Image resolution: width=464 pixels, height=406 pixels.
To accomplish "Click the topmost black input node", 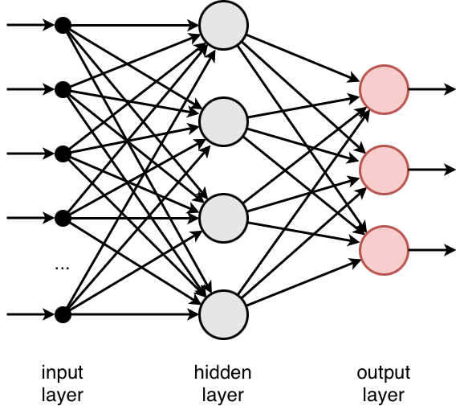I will pyautogui.click(x=62, y=25).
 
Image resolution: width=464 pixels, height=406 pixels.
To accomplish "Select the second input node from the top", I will pyautogui.click(x=62, y=88).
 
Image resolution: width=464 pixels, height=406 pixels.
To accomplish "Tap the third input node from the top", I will pyautogui.click(x=62, y=153).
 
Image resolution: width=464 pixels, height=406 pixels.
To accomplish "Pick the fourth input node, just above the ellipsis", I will pyautogui.click(x=62, y=217).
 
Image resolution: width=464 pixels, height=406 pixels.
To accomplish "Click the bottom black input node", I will pyautogui.click(x=62, y=314).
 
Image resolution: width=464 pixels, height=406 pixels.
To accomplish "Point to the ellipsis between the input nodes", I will pyautogui.click(x=62, y=268).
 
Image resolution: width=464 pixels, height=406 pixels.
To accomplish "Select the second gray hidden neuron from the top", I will pyautogui.click(x=222, y=121).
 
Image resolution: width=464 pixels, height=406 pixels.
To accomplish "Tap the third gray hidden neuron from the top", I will pyautogui.click(x=222, y=217).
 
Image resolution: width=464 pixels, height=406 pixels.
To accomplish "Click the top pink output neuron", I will pyautogui.click(x=384, y=88).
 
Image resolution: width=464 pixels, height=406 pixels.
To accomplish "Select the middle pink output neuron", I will pyautogui.click(x=384, y=169).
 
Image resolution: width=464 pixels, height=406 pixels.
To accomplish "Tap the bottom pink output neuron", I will pyautogui.click(x=384, y=249).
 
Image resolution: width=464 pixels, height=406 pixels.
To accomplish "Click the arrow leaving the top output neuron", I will pyautogui.click(x=433, y=88).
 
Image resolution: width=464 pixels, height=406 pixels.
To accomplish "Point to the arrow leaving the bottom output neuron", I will pyautogui.click(x=433, y=249).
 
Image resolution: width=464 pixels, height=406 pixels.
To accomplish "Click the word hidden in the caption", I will pyautogui.click(x=222, y=373).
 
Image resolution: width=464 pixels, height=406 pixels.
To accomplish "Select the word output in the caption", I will pyautogui.click(x=383, y=373).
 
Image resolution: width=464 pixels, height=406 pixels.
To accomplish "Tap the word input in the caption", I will pyautogui.click(x=62, y=373).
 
